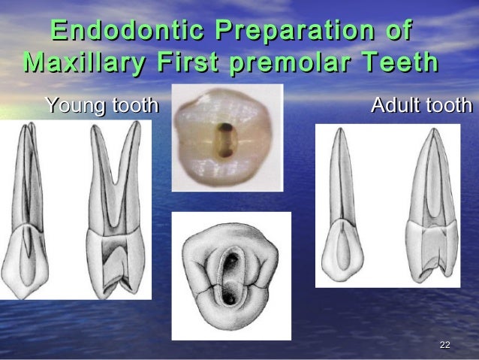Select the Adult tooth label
pos(421,106)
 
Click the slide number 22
pos(444,344)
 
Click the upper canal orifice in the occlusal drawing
pos(233,259)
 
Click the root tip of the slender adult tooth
pos(340,132)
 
